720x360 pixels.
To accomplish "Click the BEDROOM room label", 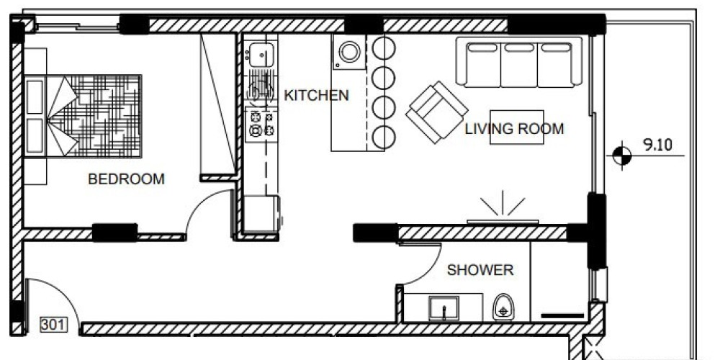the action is [126, 179].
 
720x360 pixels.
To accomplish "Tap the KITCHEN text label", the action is [316, 96].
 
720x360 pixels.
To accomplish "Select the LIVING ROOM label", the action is [514, 129].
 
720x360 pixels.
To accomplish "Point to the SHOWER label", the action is [480, 270].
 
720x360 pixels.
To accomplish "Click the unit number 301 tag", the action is [54, 325].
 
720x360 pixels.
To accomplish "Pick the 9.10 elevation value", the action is [657, 145].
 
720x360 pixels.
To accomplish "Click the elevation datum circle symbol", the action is [622, 156].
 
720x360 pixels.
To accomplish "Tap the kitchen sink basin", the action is [261, 55].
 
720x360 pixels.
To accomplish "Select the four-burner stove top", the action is [261, 125].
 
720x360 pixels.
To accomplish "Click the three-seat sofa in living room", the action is [519, 62].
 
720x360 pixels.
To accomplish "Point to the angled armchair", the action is [437, 112].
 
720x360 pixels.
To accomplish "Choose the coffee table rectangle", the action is [517, 127].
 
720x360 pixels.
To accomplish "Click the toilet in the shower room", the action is [503, 307].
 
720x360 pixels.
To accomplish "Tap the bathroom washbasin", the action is [444, 308].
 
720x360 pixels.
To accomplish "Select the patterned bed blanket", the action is [94, 116].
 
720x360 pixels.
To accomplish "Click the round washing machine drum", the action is [349, 52].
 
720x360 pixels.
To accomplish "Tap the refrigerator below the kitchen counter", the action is [261, 214].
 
